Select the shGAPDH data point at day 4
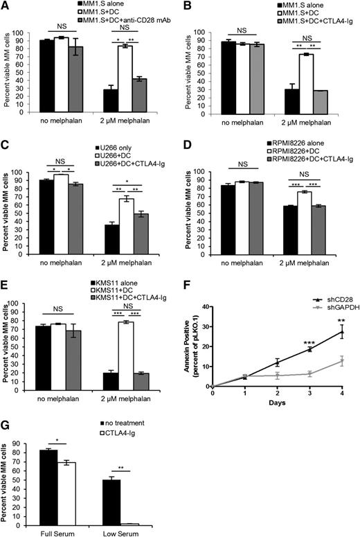(341, 360)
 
